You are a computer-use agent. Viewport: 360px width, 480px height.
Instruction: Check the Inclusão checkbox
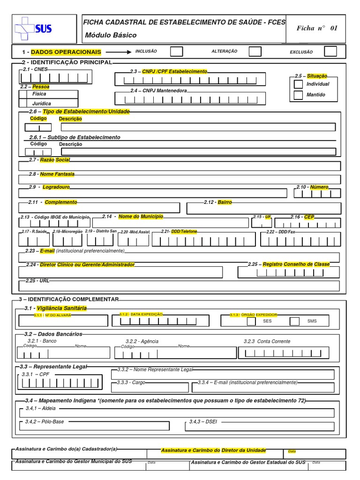pyautogui.click(x=176, y=51)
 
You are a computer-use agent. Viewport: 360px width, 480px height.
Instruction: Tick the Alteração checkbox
pyautogui.click(x=255, y=51)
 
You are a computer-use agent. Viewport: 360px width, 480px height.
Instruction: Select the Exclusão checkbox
pyautogui.click(x=330, y=51)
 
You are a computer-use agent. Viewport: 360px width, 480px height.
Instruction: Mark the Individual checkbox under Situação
pyautogui.click(x=298, y=84)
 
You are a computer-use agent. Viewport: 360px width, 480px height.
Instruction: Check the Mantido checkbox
pyautogui.click(x=298, y=95)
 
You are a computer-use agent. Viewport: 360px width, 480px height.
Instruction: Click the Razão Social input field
pyautogui.click(x=180, y=166)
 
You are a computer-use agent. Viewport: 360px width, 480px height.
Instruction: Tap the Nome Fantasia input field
pyautogui.click(x=180, y=180)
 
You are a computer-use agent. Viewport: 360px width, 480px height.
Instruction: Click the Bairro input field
pyautogui.click(x=264, y=208)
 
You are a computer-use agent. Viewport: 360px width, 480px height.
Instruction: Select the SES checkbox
pyautogui.click(x=251, y=321)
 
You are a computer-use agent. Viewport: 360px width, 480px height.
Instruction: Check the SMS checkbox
pyautogui.click(x=294, y=321)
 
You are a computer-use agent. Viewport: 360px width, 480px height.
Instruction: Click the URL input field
pyautogui.click(x=180, y=286)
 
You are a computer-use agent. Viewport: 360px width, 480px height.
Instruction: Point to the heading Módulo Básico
pyautogui.click(x=111, y=35)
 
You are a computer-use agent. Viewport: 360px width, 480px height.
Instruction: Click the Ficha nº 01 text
pyautogui.click(x=317, y=28)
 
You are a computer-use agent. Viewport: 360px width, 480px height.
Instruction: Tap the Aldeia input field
pyautogui.click(x=177, y=413)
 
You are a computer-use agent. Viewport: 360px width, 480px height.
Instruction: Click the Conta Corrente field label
pyautogui.click(x=267, y=341)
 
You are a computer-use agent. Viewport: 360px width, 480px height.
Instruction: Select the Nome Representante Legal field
pyautogui.click(x=223, y=375)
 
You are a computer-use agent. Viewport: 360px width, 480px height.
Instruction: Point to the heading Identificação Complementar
pyautogui.click(x=68, y=299)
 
